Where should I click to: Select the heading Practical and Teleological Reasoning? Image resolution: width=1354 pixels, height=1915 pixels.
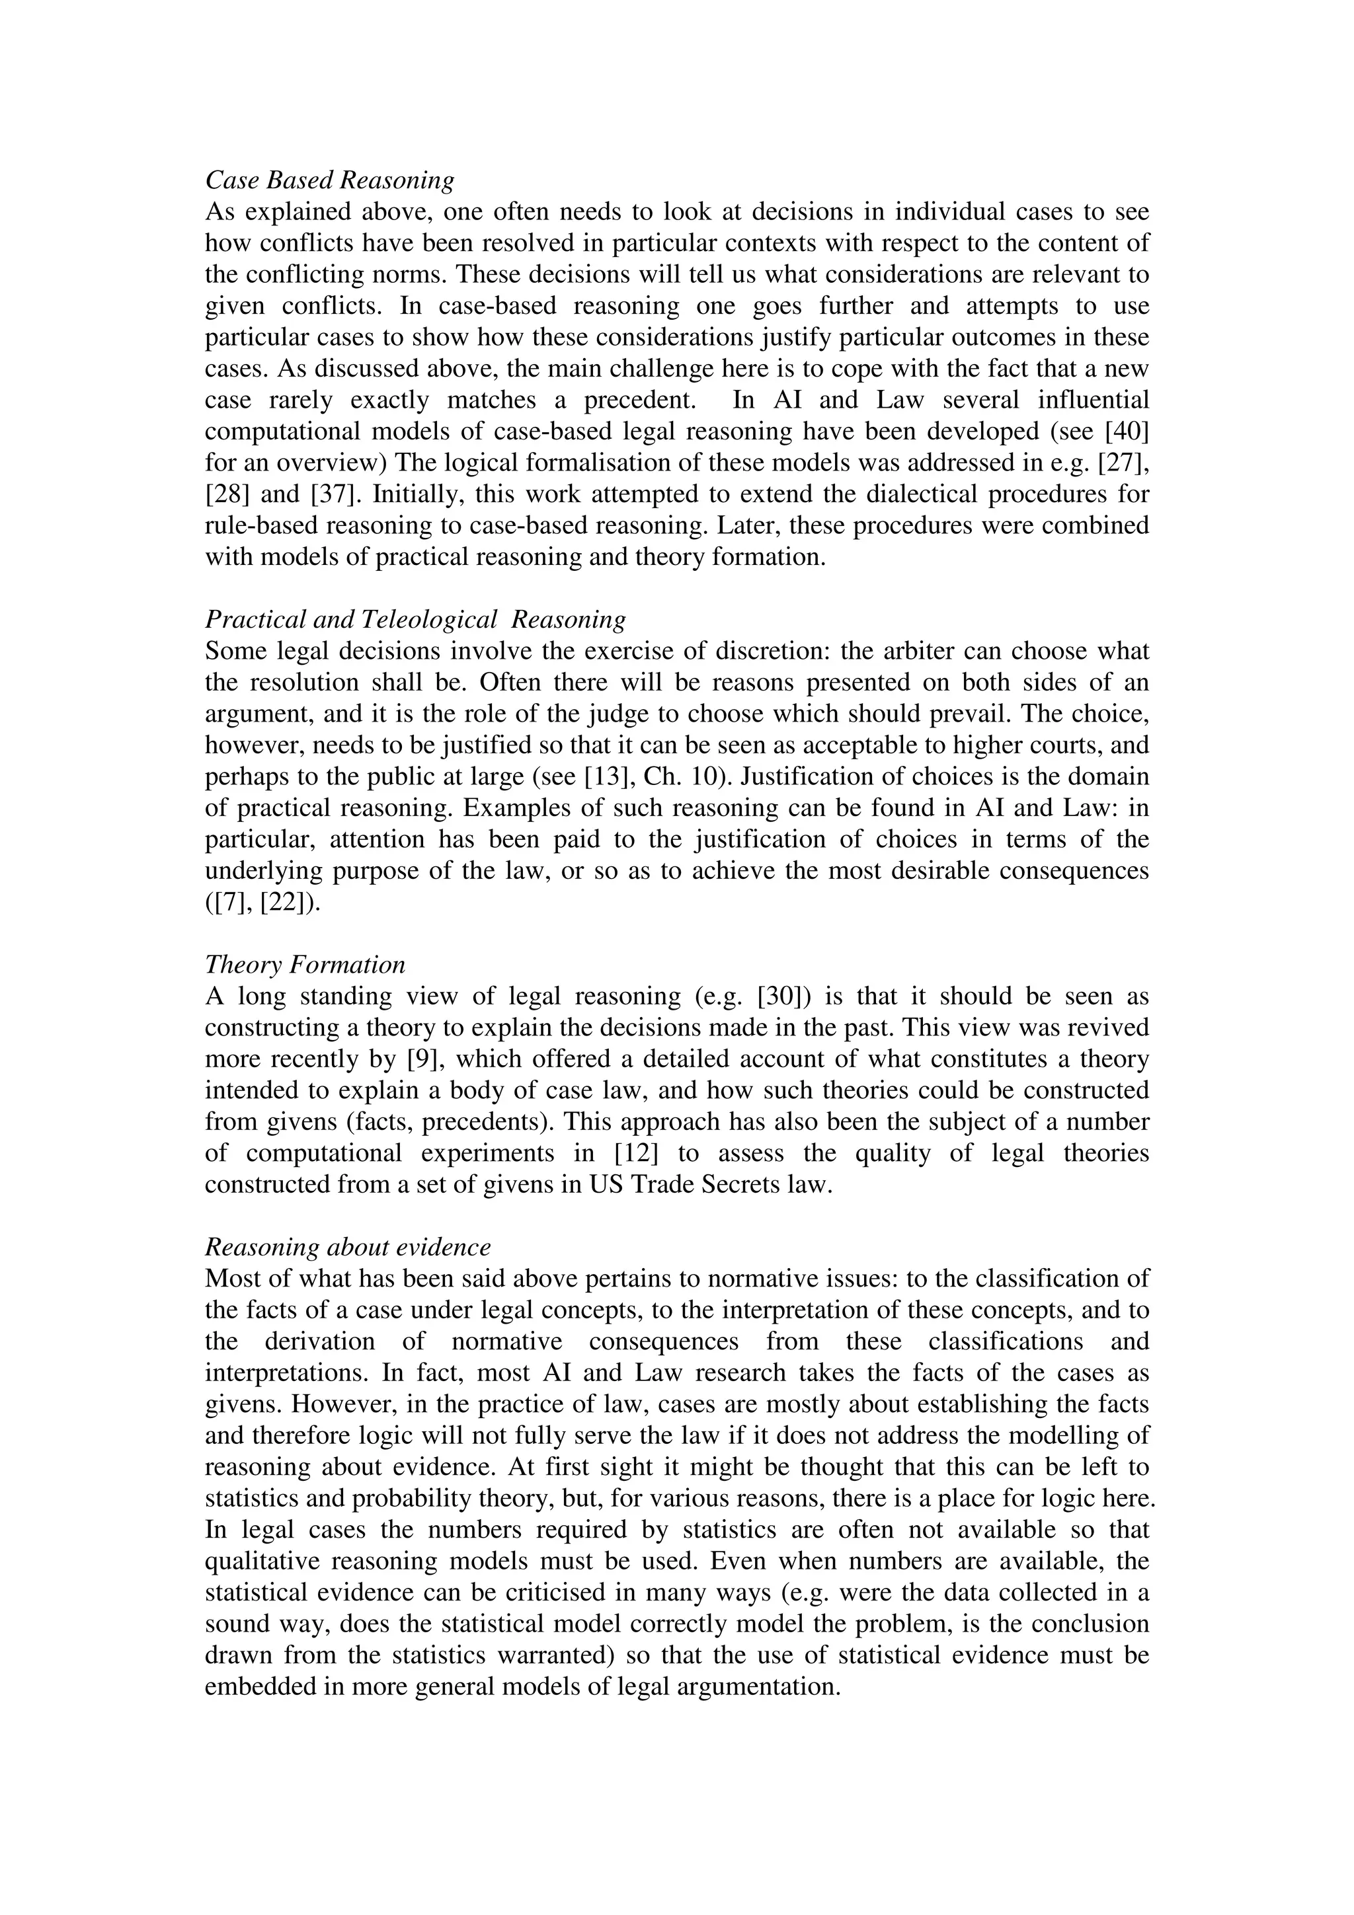click(415, 620)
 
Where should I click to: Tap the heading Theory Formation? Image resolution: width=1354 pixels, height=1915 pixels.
click(305, 964)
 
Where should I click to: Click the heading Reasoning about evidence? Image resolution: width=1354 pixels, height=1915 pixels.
click(347, 1247)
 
